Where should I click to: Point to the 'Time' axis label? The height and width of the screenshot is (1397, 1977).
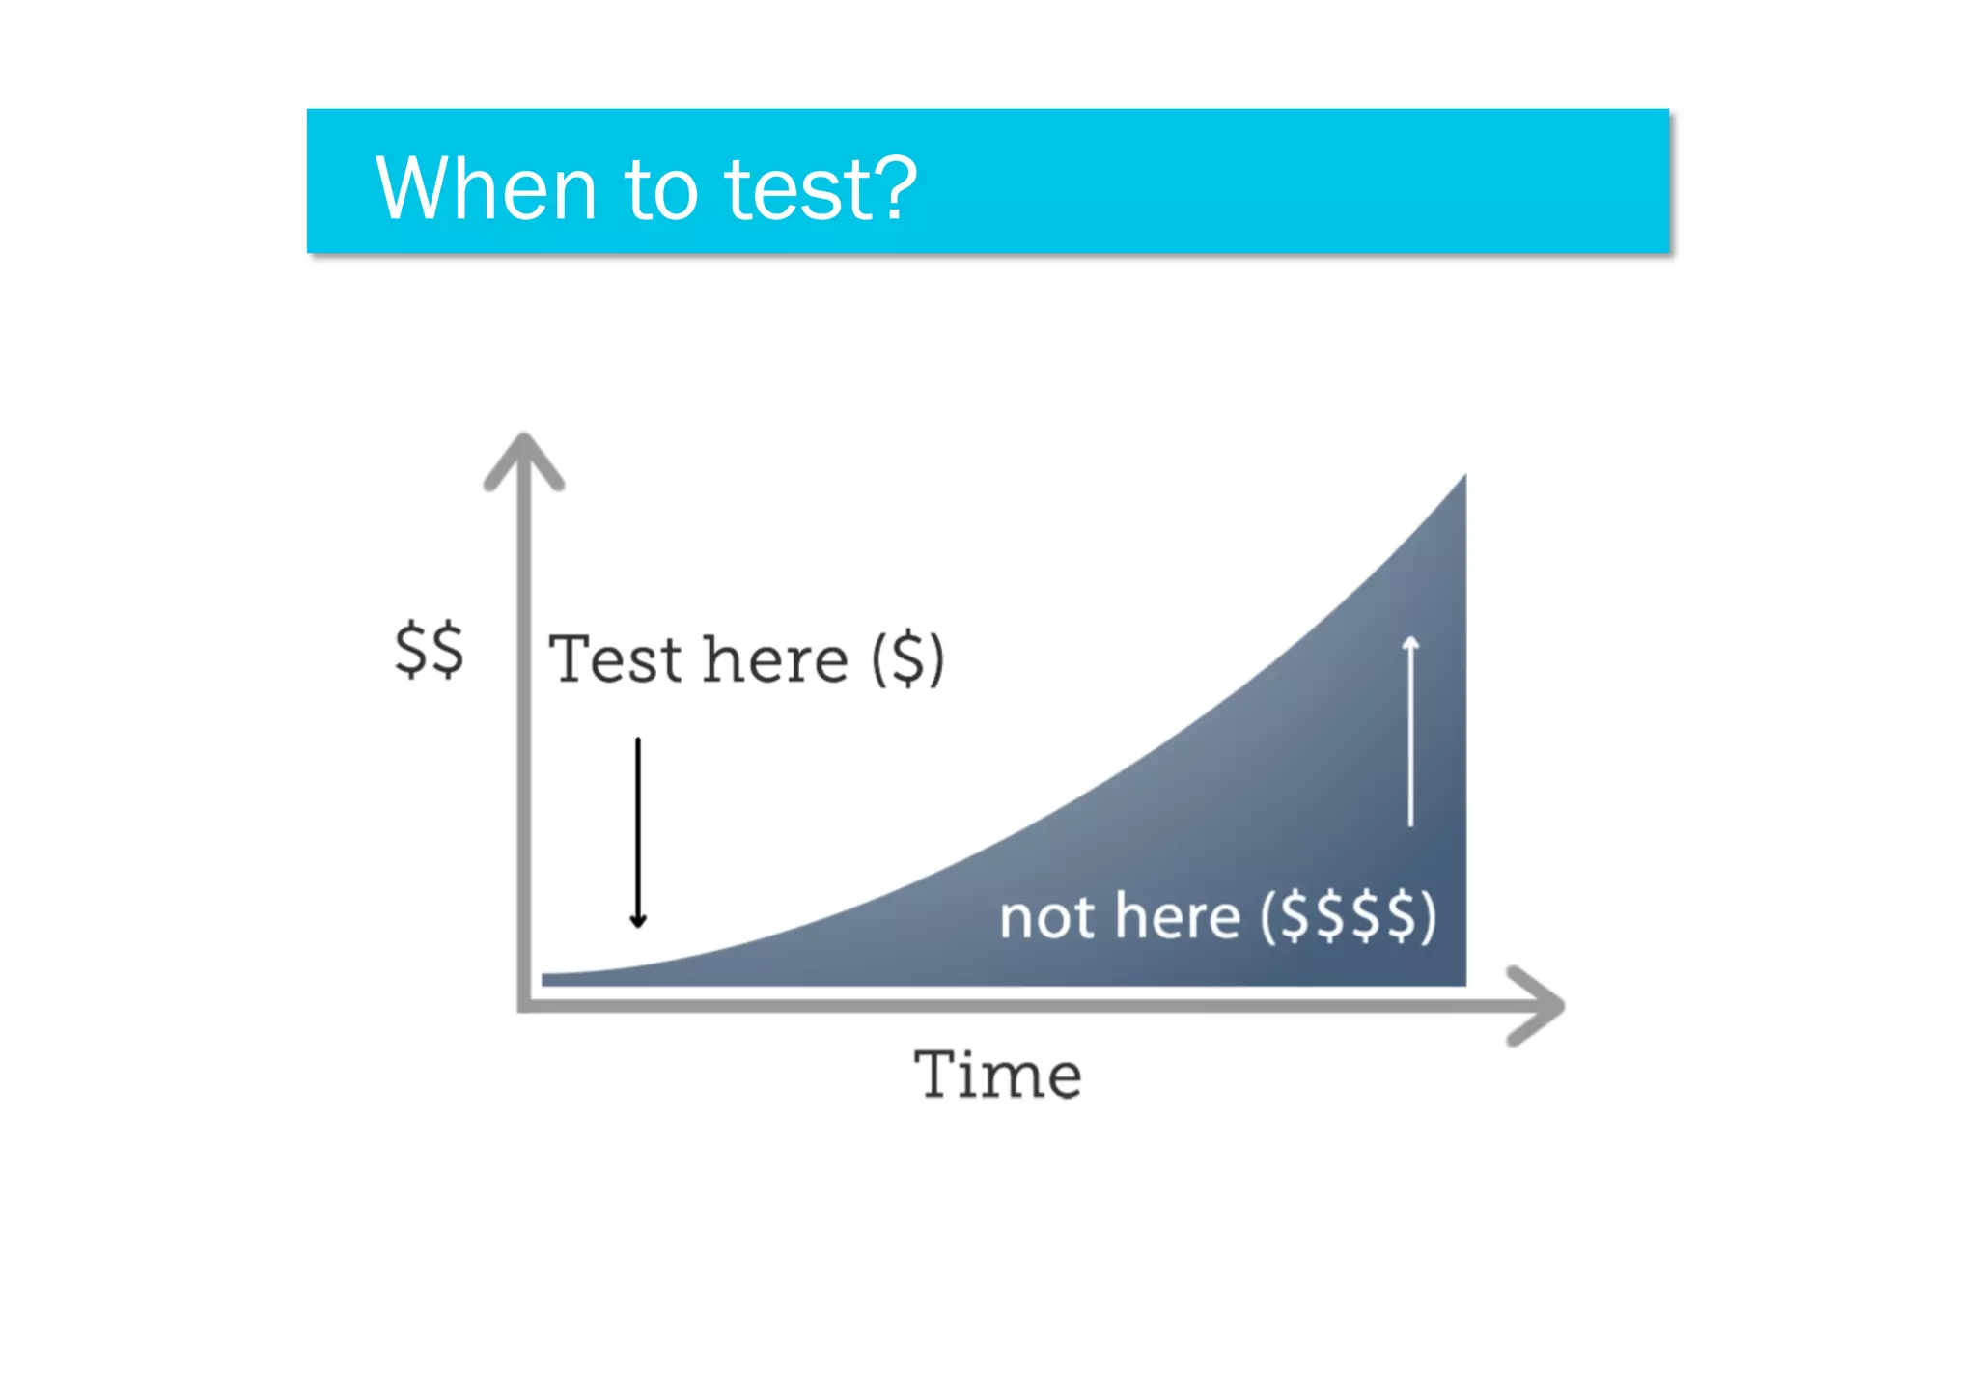(x=997, y=1075)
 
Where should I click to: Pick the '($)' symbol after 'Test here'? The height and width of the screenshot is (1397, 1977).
(x=907, y=659)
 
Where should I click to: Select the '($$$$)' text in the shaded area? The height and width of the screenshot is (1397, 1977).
(x=1349, y=916)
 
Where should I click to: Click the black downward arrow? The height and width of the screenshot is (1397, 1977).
(x=638, y=830)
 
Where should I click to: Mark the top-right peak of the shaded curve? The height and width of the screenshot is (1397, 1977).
(x=1463, y=479)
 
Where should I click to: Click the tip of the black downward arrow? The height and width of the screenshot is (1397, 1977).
(x=638, y=925)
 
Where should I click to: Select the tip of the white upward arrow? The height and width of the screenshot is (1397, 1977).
(x=1410, y=639)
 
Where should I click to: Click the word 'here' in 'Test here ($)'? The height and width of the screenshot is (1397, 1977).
(x=776, y=659)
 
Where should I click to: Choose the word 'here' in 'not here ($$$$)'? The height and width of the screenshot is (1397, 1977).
(x=1178, y=916)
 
